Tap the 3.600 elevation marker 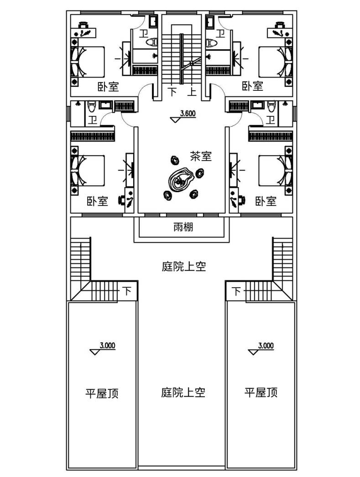[188, 114]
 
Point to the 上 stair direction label [192, 92]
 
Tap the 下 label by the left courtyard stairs [127, 291]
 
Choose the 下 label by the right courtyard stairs [236, 291]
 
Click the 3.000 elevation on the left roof [107, 346]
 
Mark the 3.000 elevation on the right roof [265, 346]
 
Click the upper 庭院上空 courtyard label [184, 267]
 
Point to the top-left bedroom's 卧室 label [108, 87]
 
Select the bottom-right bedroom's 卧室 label [266, 201]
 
